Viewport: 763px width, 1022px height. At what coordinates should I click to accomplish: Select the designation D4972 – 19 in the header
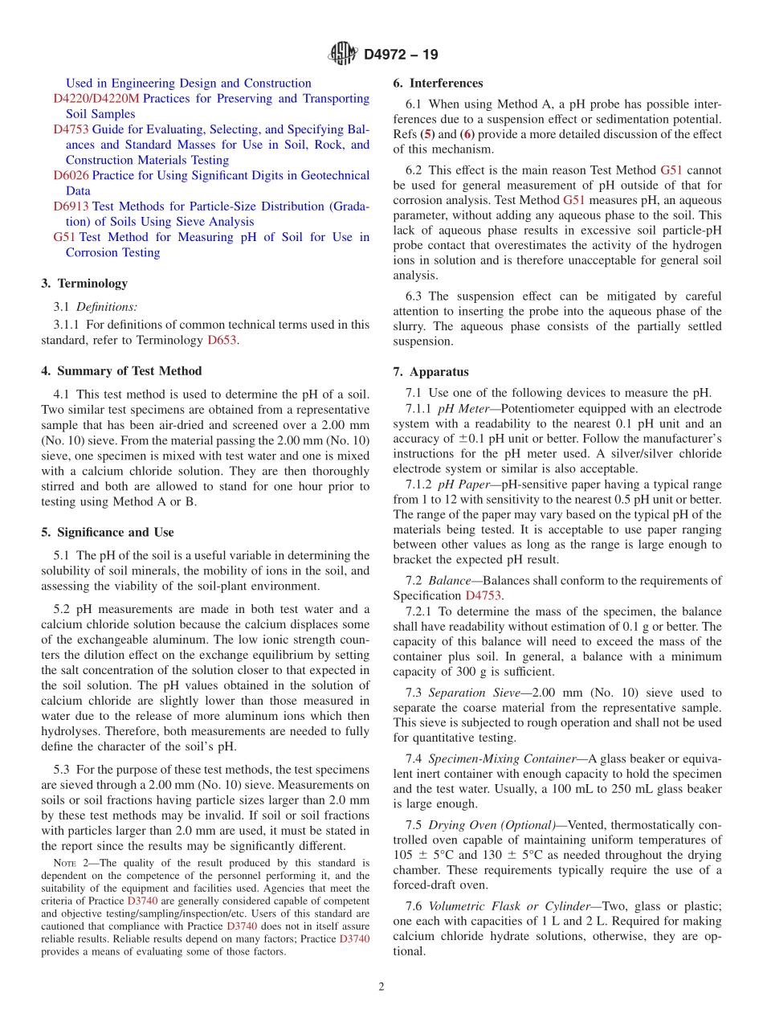pyautogui.click(x=401, y=55)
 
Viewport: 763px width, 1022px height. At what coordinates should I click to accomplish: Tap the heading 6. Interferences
pyautogui.click(x=438, y=83)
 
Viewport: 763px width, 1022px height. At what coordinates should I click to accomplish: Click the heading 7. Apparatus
pyautogui.click(x=430, y=372)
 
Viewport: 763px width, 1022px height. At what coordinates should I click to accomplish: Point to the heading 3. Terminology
pyautogui.click(x=84, y=284)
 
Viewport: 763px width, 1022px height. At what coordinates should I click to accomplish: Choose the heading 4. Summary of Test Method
pyautogui.click(x=121, y=371)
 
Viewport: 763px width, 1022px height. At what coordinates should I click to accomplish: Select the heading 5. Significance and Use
pyautogui.click(x=108, y=532)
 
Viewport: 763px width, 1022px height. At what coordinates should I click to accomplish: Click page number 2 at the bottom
pyautogui.click(x=381, y=987)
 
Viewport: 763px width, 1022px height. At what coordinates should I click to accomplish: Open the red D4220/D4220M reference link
pyautogui.click(x=96, y=99)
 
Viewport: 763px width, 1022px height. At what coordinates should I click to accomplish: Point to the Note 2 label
pyautogui.click(x=69, y=865)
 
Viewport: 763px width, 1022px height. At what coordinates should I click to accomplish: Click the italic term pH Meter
pyautogui.click(x=456, y=408)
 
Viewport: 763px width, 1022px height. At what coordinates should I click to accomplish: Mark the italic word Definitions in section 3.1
pyautogui.click(x=107, y=307)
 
